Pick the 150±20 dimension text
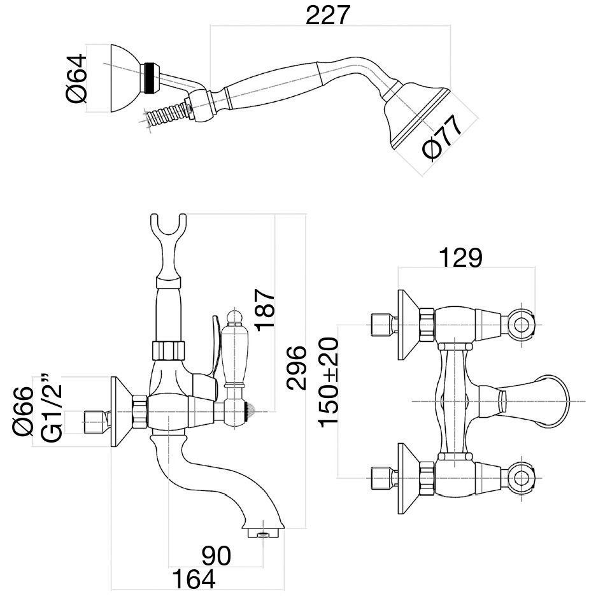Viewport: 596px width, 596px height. pos(330,382)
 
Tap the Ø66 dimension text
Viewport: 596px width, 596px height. pos(23,411)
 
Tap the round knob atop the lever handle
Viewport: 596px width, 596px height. pos(234,316)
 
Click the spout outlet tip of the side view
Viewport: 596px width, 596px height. pos(262,530)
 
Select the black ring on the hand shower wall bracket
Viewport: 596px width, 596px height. pos(151,77)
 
